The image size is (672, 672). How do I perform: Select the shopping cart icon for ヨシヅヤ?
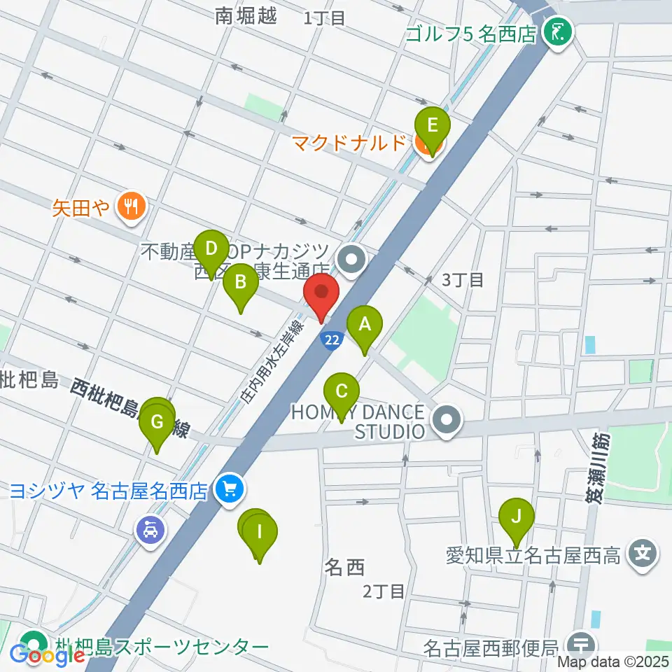tap(229, 489)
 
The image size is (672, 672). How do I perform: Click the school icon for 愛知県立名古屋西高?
tap(641, 556)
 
